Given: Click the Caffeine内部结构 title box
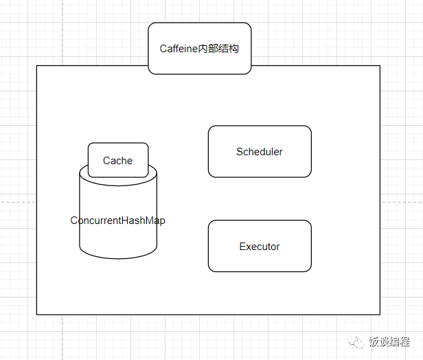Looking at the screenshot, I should coord(199,48).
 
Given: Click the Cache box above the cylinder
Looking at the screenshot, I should coord(118,160).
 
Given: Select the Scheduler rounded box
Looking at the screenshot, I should coord(260,151).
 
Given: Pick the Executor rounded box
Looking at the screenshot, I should coord(260,246).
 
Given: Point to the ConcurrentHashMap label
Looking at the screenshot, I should coord(118,221).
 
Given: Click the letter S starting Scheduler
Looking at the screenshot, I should coord(240,152).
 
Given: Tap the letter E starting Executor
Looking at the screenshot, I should coord(242,247).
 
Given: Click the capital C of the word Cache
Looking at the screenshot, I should coord(106,161).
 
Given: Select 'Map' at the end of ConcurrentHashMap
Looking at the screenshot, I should coord(155,221).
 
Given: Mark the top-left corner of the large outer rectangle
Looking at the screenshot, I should coord(36,66).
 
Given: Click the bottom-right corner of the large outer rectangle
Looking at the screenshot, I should coord(380,314).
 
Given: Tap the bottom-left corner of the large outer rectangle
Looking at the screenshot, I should coord(36,314).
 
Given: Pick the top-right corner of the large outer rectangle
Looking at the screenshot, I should coord(380,66).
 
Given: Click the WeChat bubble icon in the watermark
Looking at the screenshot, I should coord(358,341).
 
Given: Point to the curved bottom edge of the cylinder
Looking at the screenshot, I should coord(118,258).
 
